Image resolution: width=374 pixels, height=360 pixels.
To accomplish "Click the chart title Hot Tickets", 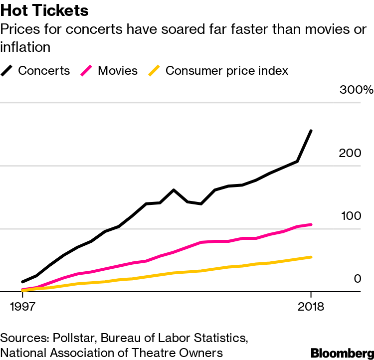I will (45, 11).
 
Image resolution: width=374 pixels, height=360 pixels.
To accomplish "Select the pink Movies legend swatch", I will (88, 70).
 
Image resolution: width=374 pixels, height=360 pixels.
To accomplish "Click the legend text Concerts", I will (44, 70).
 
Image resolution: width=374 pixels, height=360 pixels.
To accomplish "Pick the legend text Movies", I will (118, 70).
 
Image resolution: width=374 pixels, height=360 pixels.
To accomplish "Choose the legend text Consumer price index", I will (227, 70).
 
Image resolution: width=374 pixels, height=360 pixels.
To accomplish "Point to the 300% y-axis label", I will (356, 90).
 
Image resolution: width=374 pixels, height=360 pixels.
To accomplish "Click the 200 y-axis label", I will (350, 153).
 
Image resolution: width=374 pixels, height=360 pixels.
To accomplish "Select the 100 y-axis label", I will (350, 216).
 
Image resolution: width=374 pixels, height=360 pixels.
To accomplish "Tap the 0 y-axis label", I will (357, 279).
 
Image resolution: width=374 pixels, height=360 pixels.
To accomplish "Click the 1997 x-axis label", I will (22, 306).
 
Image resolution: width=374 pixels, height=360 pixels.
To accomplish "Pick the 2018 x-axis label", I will (311, 306).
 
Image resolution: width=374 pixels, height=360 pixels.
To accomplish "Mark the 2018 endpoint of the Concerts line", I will (311, 131).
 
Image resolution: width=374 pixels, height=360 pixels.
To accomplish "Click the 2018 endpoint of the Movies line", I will (311, 224).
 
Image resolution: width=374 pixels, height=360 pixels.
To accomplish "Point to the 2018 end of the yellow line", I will (311, 257).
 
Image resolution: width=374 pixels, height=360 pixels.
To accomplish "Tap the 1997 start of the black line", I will (22, 282).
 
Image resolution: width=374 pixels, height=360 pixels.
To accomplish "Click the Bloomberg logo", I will (342, 353).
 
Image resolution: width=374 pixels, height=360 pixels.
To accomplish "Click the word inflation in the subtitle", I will (25, 47).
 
